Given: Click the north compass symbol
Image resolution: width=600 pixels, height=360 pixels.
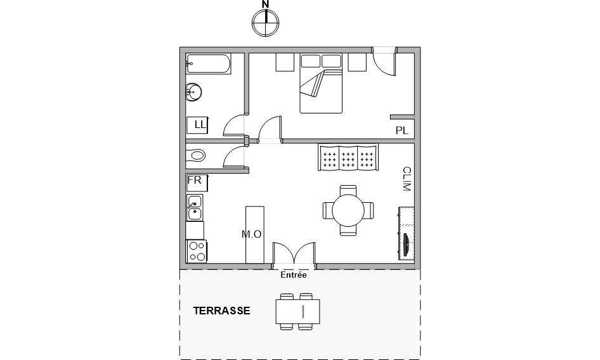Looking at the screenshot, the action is click(265, 23).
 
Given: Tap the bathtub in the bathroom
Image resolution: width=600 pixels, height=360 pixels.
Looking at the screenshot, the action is click(209, 63).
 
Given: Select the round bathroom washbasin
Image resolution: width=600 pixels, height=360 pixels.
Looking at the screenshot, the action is click(193, 92).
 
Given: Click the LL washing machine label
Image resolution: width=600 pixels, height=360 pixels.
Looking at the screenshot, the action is click(200, 125).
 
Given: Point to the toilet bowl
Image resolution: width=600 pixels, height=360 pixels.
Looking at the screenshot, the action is click(195, 156).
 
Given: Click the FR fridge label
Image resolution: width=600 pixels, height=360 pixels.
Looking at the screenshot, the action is click(194, 180).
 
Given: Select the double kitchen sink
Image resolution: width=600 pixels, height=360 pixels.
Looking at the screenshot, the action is click(195, 208).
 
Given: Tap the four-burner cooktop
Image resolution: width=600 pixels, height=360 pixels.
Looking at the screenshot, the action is click(197, 251).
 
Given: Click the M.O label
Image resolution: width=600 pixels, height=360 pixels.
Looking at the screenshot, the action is click(251, 234).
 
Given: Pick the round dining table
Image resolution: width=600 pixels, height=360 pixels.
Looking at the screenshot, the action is click(348, 210).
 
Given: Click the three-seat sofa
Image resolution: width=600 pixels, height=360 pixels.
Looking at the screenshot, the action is click(348, 157).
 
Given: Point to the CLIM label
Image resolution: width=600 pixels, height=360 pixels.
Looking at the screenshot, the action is click(407, 179).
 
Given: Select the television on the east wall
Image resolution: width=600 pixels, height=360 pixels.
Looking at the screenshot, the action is click(407, 233).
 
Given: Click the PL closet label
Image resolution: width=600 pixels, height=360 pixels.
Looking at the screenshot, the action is click(401, 131).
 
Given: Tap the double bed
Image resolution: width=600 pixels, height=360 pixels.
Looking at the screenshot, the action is click(321, 84).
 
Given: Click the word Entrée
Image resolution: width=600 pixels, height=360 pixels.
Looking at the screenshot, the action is click(294, 274).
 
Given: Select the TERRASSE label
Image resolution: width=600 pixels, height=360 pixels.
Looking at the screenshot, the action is click(221, 311).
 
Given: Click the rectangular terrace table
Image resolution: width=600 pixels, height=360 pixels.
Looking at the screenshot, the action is click(297, 311).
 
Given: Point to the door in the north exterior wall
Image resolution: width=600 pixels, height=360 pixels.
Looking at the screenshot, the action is click(384, 61).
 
